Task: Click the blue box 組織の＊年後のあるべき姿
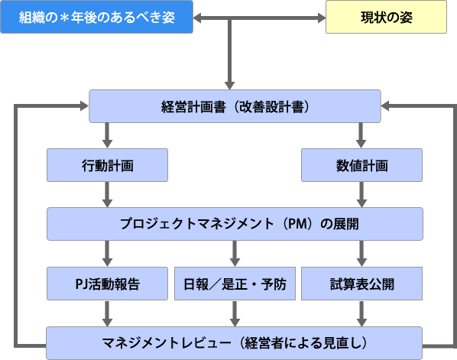pos(97,17)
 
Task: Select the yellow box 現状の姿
pos(386,17)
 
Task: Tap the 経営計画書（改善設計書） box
pos(235,106)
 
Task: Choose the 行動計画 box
pos(107,165)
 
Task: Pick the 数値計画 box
pos(361,165)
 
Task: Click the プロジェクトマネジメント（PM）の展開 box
pos(235,224)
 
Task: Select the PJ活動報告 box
pos(107,284)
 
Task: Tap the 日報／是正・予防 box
pos(235,284)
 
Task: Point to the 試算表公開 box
pos(361,284)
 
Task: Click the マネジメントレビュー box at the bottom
pos(235,343)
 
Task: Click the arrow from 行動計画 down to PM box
pos(107,195)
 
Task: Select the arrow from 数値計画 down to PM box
pos(361,195)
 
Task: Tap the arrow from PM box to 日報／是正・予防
pos(235,254)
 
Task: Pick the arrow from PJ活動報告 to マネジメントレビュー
pos(107,313)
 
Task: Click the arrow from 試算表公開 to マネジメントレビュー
pos(361,313)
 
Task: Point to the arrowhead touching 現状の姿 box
pos(322,18)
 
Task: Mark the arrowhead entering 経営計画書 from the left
pos(85,105)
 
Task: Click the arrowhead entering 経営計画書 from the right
pos(385,106)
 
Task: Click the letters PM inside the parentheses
pos(297,224)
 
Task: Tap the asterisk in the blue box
pos(64,18)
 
